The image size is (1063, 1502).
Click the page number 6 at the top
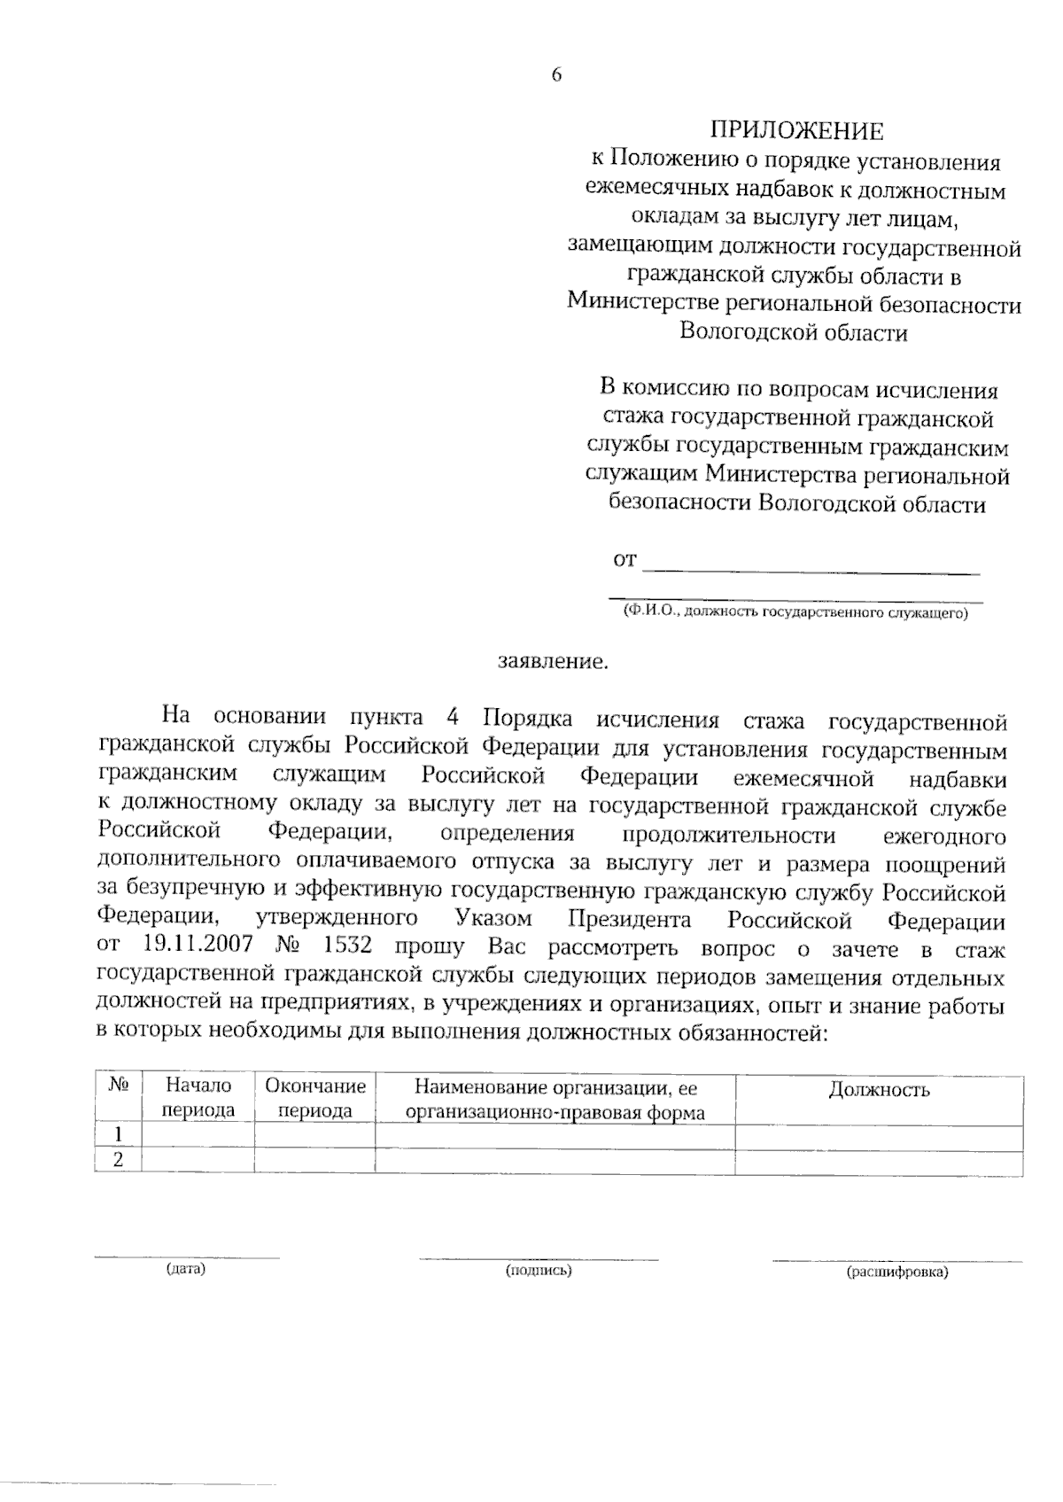(556, 75)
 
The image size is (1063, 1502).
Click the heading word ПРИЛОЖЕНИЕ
(795, 131)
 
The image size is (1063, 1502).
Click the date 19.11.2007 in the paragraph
(192, 946)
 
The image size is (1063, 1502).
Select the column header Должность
(879, 1089)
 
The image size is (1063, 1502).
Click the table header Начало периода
(198, 1098)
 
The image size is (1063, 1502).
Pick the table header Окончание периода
(315, 1098)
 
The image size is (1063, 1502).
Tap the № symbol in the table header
(118, 1086)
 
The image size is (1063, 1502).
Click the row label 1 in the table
(118, 1135)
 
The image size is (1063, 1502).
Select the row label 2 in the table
(118, 1160)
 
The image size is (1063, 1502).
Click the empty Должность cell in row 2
(879, 1162)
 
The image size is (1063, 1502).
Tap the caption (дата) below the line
(186, 1269)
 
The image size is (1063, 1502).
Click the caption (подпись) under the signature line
(539, 1271)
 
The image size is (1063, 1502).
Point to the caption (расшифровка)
(897, 1272)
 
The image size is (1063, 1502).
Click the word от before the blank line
(625, 560)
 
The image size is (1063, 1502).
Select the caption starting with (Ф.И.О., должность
(795, 611)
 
